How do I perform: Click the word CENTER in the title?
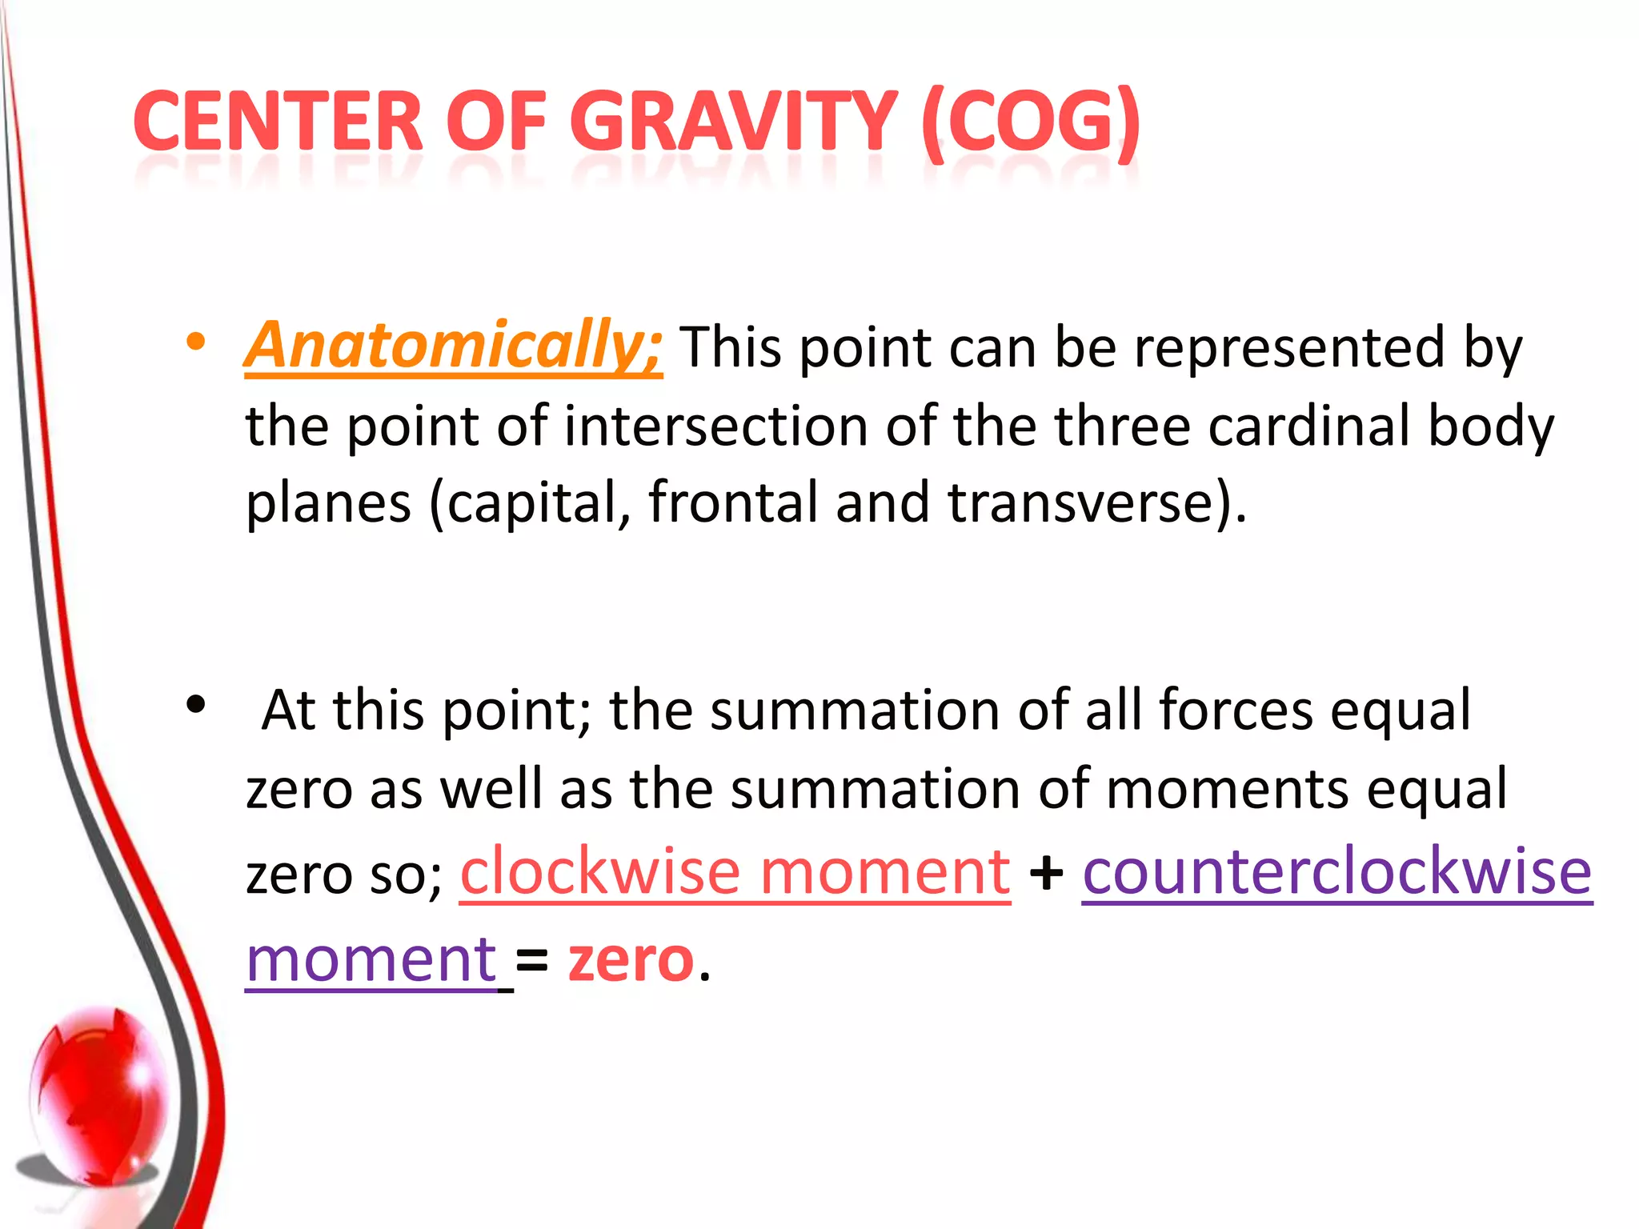pyautogui.click(x=278, y=122)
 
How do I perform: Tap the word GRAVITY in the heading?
pyautogui.click(x=733, y=122)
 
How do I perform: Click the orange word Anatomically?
pyautogui.click(x=454, y=346)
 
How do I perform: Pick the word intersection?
pyautogui.click(x=715, y=426)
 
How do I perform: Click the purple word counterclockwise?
pyautogui.click(x=1337, y=871)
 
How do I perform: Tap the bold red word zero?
pyautogui.click(x=631, y=959)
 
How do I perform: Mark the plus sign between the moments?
pyautogui.click(x=1046, y=873)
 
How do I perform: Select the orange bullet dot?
pyautogui.click(x=195, y=342)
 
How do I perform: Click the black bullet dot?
pyautogui.click(x=195, y=705)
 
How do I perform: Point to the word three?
pyautogui.click(x=1122, y=425)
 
